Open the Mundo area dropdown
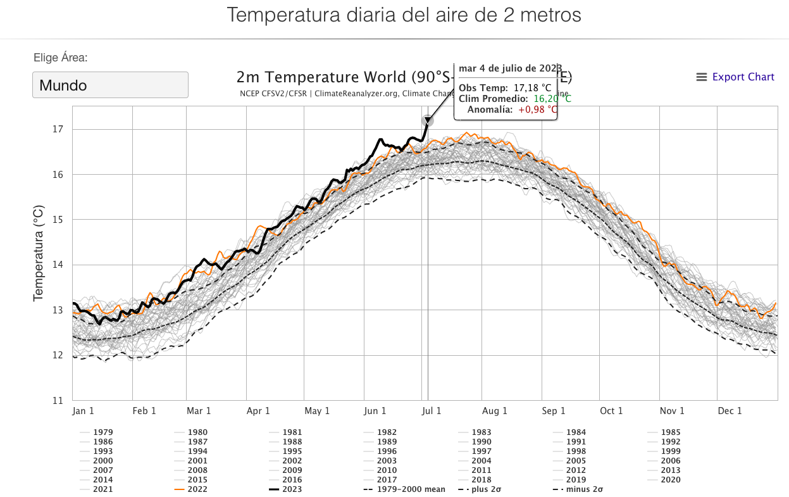[x=110, y=85]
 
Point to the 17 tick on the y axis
[x=58, y=129]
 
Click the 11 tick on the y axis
[x=58, y=400]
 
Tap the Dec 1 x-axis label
[x=730, y=411]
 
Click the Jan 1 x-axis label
[x=83, y=411]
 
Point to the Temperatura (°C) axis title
[x=39, y=253]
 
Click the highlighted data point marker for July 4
[x=428, y=120]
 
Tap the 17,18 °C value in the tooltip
[x=532, y=87]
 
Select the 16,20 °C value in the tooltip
[x=552, y=99]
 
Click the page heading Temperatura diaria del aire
[x=404, y=15]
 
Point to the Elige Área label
[x=60, y=58]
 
